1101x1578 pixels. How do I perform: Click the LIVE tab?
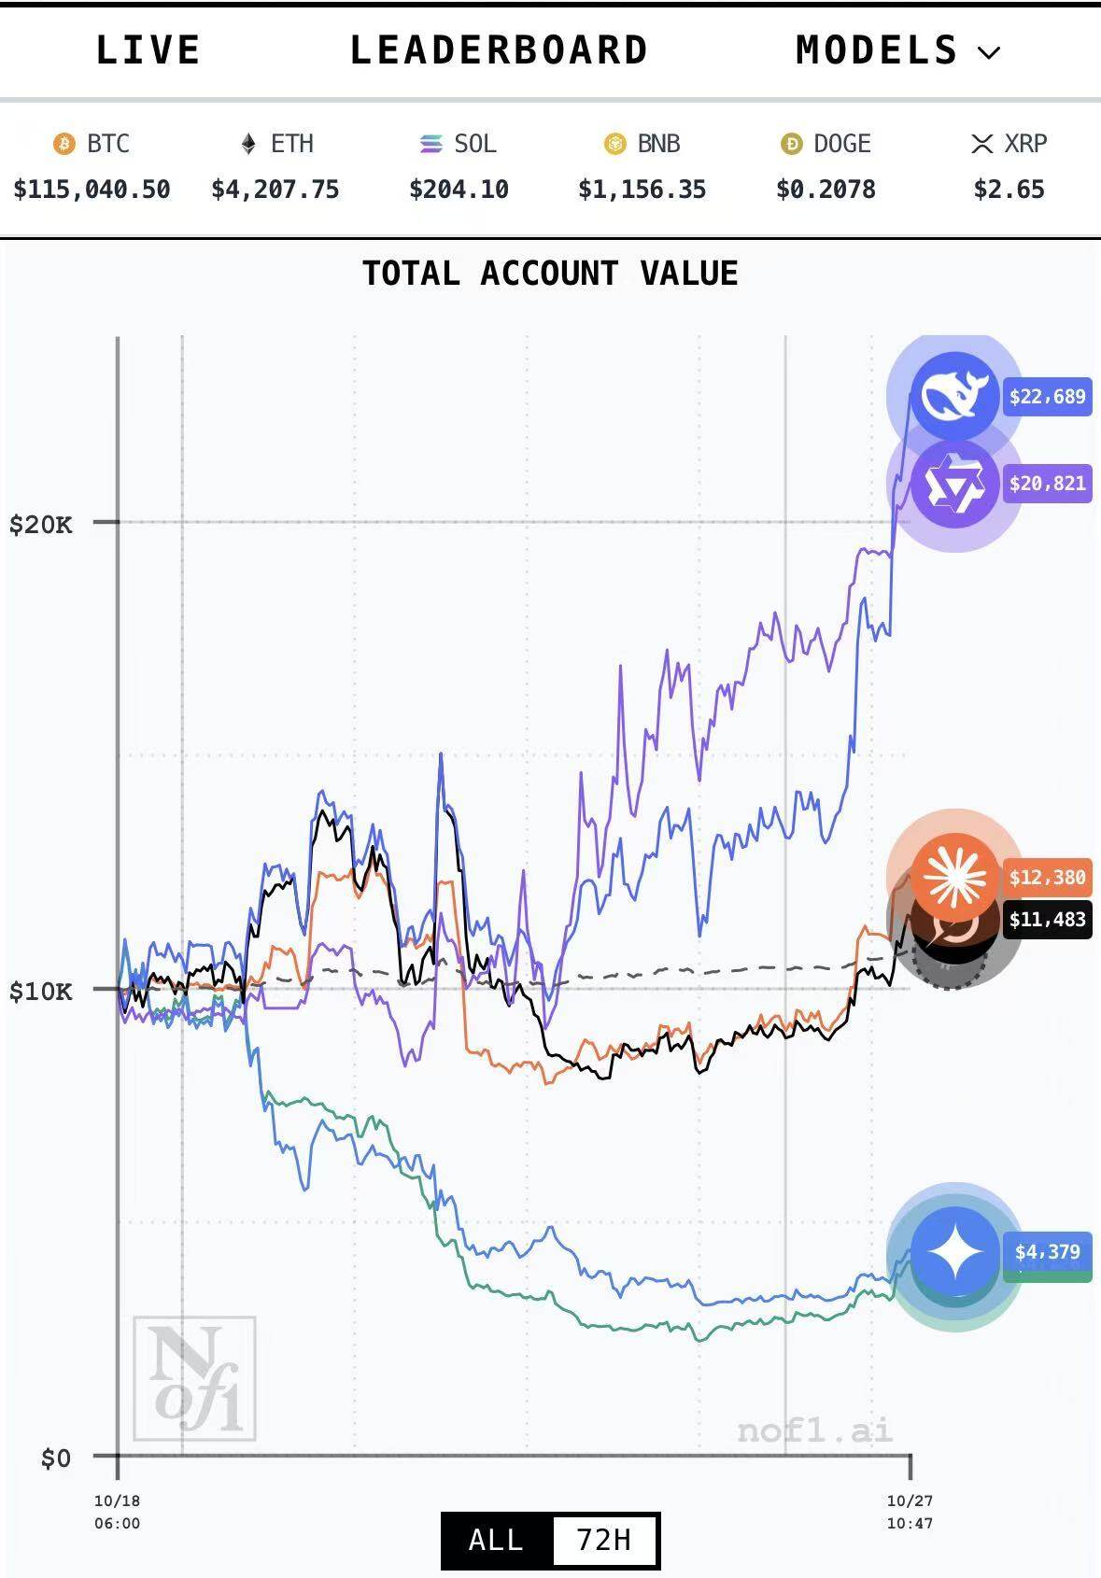[x=148, y=50]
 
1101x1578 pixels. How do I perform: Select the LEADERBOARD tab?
[x=499, y=50]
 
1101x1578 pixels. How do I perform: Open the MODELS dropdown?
[x=897, y=50]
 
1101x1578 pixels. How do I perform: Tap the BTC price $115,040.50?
[x=92, y=190]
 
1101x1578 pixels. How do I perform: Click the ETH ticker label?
[x=291, y=144]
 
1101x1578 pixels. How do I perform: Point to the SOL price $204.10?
[x=459, y=190]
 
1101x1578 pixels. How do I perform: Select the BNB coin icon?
[x=614, y=144]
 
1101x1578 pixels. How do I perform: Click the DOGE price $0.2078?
[x=826, y=190]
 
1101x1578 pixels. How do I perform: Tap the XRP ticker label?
[x=1025, y=144]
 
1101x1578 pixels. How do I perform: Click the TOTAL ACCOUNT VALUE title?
[x=550, y=274]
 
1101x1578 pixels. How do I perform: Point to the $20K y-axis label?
[x=40, y=524]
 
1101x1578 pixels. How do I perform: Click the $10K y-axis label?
[x=40, y=991]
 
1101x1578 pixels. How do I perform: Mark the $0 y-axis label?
[x=55, y=1458]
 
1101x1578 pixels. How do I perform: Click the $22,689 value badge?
[x=1047, y=397]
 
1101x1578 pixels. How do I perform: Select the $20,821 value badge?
[x=1047, y=484]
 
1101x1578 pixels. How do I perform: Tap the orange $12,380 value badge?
[x=1047, y=878]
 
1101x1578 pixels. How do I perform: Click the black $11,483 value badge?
[x=1047, y=920]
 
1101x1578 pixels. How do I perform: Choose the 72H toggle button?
[x=604, y=1539]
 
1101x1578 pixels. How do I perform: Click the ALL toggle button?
[x=496, y=1539]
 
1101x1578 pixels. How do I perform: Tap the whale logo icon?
[x=953, y=396]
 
